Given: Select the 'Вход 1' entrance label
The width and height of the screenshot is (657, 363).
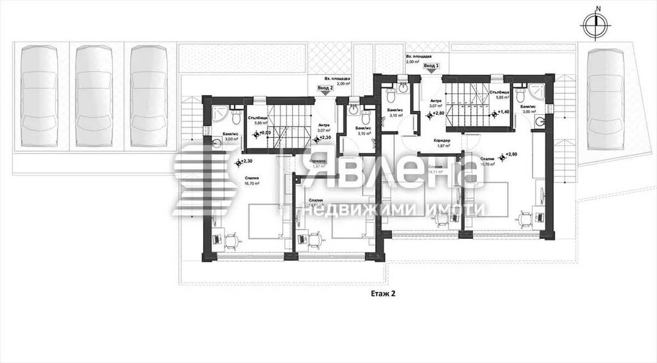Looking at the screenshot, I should (430, 66).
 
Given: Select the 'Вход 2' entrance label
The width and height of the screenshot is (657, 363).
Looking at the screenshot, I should (325, 87).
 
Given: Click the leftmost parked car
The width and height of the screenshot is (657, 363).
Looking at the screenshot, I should (37, 95).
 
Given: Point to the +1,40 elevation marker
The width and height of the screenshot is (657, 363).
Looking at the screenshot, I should (502, 112).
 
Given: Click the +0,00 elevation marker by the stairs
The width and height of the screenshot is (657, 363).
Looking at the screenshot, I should (264, 133).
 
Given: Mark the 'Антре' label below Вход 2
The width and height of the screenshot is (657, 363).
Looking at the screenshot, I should (325, 125).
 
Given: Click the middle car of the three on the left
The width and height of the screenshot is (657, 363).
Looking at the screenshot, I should (92, 95).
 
